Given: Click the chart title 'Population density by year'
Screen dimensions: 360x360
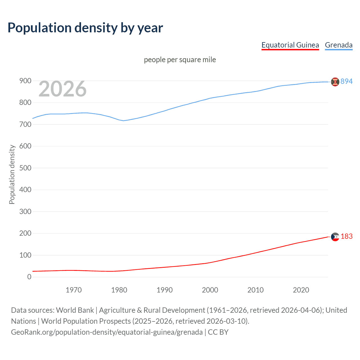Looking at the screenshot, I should click(85, 28).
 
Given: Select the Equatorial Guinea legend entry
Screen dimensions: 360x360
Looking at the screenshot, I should click(290, 45).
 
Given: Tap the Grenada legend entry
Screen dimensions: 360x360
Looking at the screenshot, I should click(339, 45).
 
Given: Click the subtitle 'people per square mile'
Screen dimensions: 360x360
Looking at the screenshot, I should click(180, 60).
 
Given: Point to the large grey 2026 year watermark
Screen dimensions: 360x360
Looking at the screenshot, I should click(62, 89).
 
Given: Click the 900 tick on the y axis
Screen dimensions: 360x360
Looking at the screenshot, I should click(25, 81).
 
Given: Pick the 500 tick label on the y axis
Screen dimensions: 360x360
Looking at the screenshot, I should click(25, 168).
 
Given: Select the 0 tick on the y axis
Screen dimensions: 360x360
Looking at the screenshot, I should click(29, 277).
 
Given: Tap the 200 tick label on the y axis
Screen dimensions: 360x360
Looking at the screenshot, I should click(25, 233).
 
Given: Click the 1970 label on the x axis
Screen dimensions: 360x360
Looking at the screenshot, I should click(74, 290).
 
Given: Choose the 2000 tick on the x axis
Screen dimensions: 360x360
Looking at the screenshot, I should click(210, 290).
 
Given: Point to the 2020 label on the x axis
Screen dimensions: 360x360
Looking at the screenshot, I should click(301, 290).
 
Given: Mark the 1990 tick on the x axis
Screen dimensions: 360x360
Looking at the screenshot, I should click(165, 290).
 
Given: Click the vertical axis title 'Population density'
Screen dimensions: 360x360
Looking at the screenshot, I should click(12, 174).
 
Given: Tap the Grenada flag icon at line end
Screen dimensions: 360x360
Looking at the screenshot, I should click(335, 82).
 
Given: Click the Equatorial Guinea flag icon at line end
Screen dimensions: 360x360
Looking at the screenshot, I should click(335, 237).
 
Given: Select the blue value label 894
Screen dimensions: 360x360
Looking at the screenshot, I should click(346, 81).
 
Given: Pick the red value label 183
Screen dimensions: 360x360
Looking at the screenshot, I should click(346, 237).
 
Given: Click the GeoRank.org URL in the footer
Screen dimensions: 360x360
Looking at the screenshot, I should click(107, 332).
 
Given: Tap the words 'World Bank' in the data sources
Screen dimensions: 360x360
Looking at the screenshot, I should click(75, 310).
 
